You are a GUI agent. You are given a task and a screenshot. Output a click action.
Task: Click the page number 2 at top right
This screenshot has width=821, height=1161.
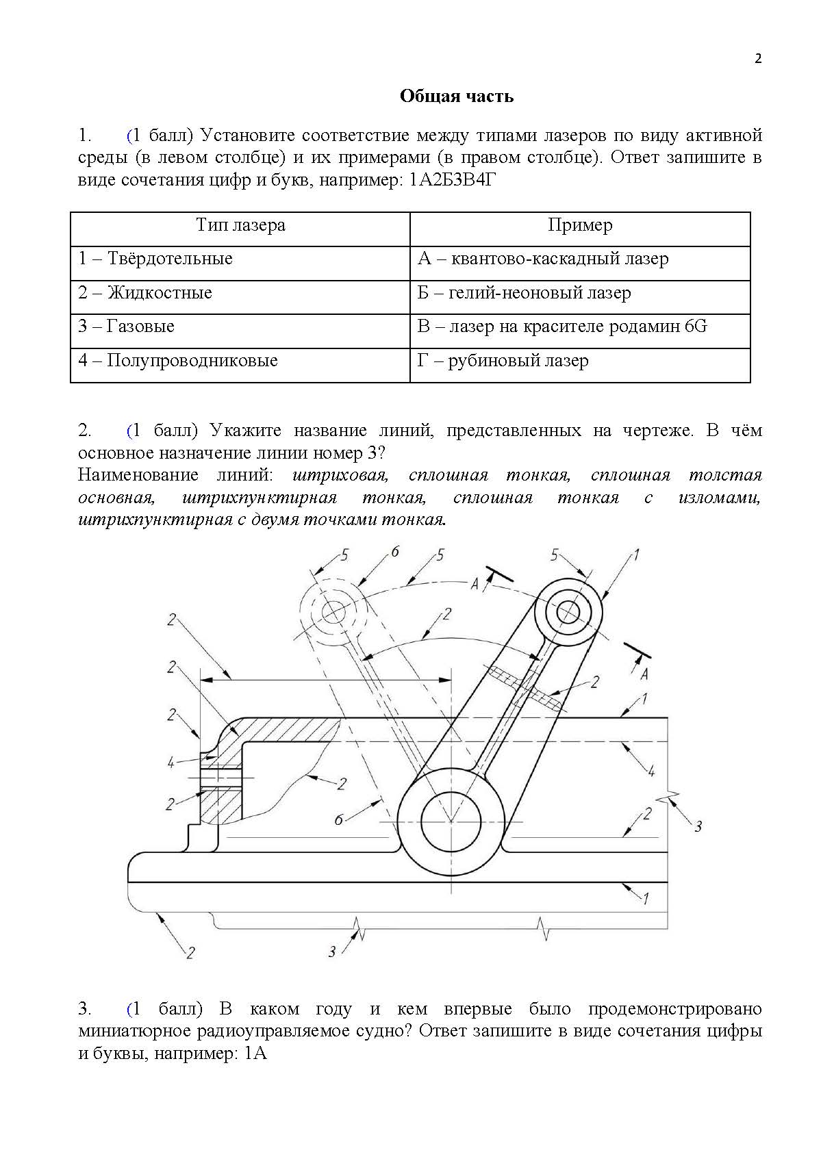point(757,58)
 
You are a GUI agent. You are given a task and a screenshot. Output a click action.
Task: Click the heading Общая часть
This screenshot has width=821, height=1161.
point(456,96)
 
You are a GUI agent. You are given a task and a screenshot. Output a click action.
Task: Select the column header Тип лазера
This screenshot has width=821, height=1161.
point(240,225)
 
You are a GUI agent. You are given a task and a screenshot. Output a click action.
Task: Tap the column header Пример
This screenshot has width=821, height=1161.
point(580,225)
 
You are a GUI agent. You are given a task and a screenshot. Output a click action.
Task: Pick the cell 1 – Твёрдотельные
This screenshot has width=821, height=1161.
point(155,259)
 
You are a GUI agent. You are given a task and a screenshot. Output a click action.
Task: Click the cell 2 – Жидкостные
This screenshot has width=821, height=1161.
point(145,293)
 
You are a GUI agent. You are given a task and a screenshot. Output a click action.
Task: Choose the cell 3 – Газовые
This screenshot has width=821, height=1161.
point(127,327)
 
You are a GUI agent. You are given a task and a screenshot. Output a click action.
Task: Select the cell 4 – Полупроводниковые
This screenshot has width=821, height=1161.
point(178,361)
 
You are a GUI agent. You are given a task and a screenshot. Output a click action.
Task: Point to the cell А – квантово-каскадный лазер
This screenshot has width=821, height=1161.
point(543,259)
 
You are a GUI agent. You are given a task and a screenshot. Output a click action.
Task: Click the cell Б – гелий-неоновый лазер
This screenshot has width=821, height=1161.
point(524,293)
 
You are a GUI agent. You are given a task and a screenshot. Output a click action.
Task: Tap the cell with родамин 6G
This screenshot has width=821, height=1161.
point(562,327)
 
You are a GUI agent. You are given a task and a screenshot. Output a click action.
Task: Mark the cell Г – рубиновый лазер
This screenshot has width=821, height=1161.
point(503,361)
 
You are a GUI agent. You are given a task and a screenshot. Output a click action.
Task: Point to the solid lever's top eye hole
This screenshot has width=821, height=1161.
point(567,611)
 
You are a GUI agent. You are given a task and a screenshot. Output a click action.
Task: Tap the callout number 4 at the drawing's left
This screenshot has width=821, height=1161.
point(171,762)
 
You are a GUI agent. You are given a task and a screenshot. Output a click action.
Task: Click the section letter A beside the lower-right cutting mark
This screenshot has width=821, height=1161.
point(644,674)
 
